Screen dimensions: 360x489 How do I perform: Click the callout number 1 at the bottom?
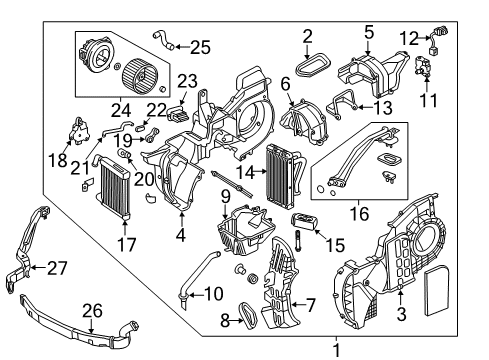(336, 349)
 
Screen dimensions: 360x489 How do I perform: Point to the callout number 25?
(200, 45)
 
